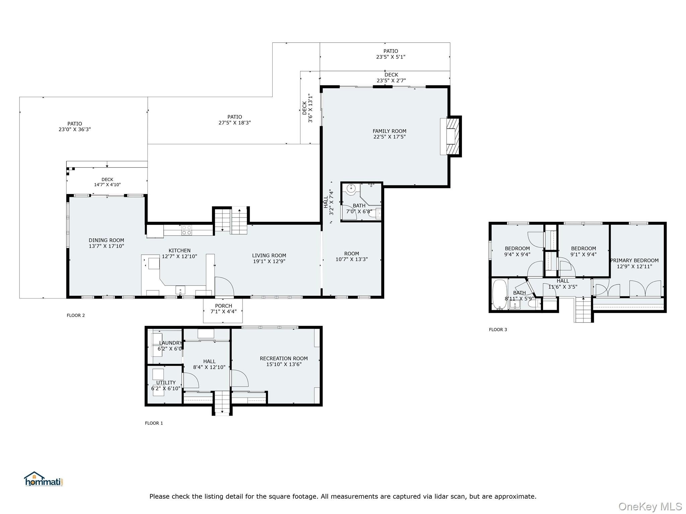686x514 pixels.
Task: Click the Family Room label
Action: (x=389, y=131)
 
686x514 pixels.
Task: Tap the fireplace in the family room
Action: (x=452, y=137)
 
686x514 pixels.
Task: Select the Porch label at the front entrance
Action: (x=223, y=306)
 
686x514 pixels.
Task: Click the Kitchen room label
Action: (x=180, y=250)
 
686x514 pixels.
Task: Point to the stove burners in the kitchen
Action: (x=187, y=230)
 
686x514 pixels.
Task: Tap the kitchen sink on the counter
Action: (x=180, y=290)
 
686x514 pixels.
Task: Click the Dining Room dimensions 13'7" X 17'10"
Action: (x=107, y=246)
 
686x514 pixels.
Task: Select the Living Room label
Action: (x=269, y=256)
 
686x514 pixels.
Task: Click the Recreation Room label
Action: (x=284, y=358)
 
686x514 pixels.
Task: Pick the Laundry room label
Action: (x=170, y=343)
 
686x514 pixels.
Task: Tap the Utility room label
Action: (x=166, y=382)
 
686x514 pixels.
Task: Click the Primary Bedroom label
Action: (x=634, y=260)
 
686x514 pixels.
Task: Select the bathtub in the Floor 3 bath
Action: (x=500, y=294)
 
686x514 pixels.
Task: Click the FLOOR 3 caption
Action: (x=498, y=330)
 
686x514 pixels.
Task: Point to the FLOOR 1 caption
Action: (x=154, y=423)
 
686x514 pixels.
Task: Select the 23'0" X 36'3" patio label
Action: (x=75, y=129)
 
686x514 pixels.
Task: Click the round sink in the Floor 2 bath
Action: (x=351, y=189)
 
